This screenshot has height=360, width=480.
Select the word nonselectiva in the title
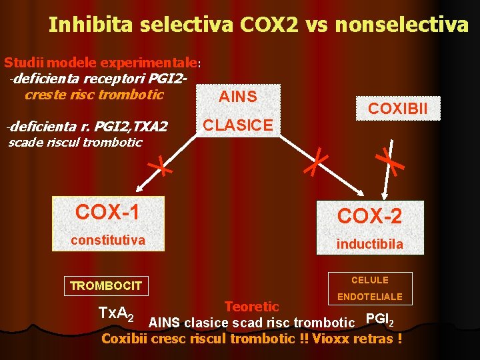tap(402, 25)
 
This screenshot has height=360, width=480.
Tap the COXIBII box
tap(398, 108)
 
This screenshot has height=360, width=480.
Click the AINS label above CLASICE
tap(238, 96)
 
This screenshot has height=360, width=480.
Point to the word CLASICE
tap(238, 125)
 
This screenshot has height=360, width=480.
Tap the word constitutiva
tap(109, 239)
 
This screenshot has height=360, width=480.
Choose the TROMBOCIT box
tap(106, 286)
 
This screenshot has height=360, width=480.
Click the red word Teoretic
tap(252, 307)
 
